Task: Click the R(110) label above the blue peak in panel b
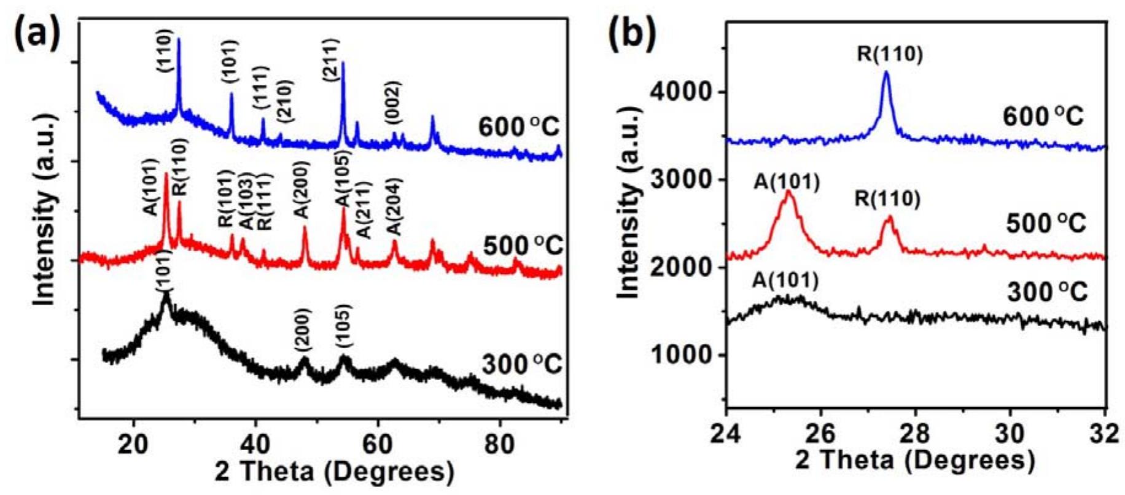(890, 55)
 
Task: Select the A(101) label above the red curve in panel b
(786, 182)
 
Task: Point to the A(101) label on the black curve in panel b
(785, 281)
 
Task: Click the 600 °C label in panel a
(519, 128)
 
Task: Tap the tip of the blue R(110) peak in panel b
(886, 72)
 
